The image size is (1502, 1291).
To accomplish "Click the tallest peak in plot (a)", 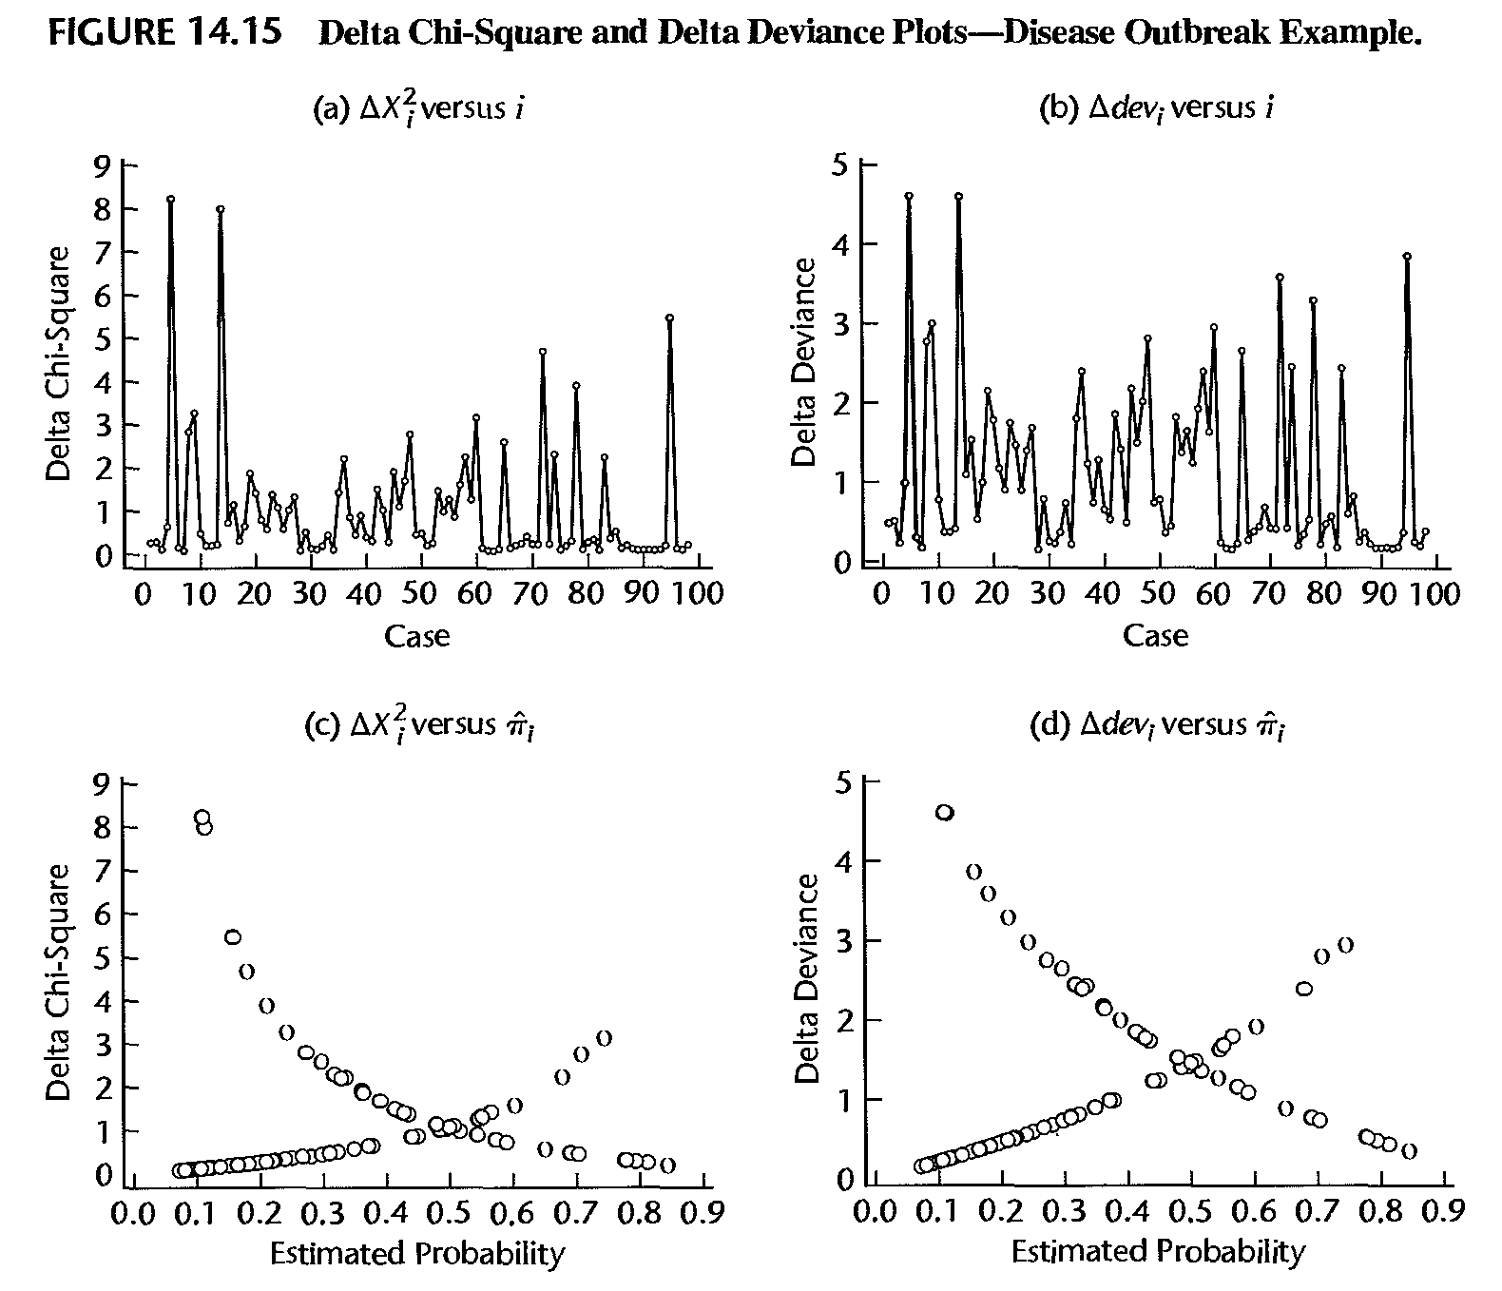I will pos(171,199).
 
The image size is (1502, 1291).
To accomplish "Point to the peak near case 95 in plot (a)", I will pos(669,318).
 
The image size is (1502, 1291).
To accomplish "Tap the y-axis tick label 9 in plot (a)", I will pos(104,166).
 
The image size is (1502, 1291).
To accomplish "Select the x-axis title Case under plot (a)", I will pos(416,635).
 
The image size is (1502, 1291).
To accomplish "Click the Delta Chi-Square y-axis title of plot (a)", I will pos(59,363).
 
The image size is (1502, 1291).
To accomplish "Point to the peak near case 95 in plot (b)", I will pos(1407,256).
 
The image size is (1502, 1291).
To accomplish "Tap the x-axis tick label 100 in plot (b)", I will pos(1435,594).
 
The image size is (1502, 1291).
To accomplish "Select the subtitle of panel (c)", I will pos(423,727).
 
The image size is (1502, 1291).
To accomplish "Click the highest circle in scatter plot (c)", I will pos(202,817).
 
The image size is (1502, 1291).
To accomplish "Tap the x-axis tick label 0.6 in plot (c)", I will pos(514,1214).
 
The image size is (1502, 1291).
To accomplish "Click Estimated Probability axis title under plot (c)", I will pos(416,1254).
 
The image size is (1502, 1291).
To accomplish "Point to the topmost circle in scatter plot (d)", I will pos(944,812).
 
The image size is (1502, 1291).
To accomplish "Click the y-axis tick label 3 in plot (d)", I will pos(842,941).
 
